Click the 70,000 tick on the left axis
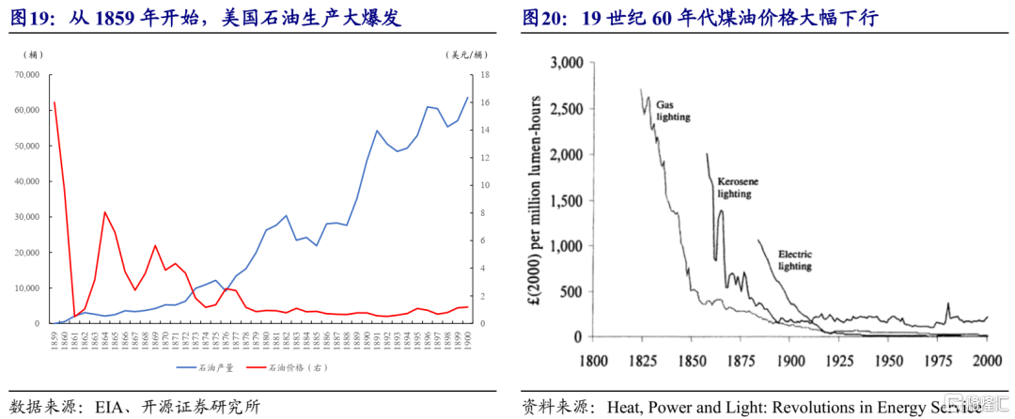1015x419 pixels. pos(24,74)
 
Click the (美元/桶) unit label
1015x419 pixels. pos(466,54)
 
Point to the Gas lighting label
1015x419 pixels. pos(673,111)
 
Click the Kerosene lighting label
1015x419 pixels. pos(734,186)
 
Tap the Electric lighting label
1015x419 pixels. pos(795,259)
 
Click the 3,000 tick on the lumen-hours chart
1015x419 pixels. pos(567,63)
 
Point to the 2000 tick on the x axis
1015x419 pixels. pos(985,360)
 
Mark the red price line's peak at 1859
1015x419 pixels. pos(55,102)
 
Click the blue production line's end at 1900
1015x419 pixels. pos(467,98)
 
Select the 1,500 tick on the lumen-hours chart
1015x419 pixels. pos(567,200)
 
